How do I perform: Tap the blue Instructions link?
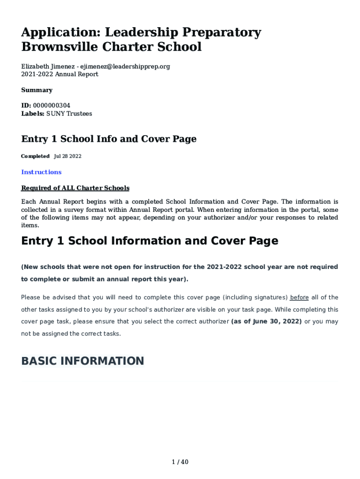[x=41, y=172]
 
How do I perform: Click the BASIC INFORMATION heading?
[x=83, y=361]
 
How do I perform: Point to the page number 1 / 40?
[x=180, y=462]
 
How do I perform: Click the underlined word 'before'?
[x=300, y=298]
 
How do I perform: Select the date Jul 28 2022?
[x=68, y=156]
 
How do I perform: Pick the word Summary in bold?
[x=37, y=90]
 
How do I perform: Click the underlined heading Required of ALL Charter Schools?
[x=75, y=188]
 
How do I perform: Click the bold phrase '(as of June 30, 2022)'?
[x=266, y=322]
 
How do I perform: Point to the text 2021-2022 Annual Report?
[x=60, y=74]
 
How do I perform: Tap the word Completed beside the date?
[x=35, y=156]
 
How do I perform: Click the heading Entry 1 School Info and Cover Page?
[x=109, y=139]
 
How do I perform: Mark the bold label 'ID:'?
[x=26, y=106]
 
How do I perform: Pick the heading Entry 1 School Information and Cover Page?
[x=150, y=241]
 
